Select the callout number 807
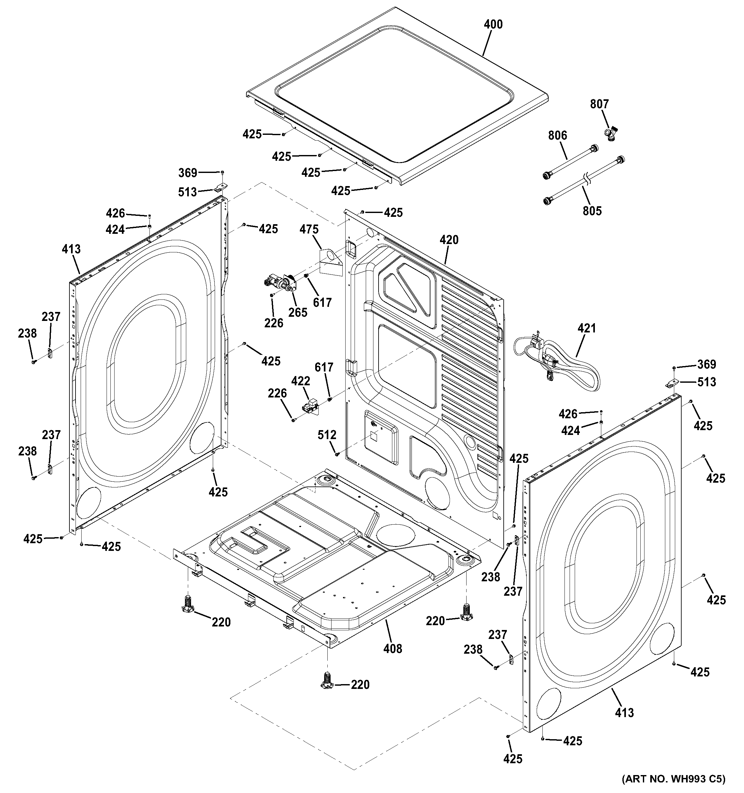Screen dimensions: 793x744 click(599, 104)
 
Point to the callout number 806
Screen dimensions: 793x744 click(557, 135)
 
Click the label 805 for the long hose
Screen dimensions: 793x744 click(592, 211)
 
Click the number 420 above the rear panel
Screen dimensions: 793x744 click(449, 240)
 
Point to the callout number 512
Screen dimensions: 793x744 click(327, 435)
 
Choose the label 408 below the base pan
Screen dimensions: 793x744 click(393, 649)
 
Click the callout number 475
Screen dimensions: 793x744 click(309, 229)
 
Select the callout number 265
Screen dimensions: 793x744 click(298, 312)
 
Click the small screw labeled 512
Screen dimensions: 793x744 click(337, 454)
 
